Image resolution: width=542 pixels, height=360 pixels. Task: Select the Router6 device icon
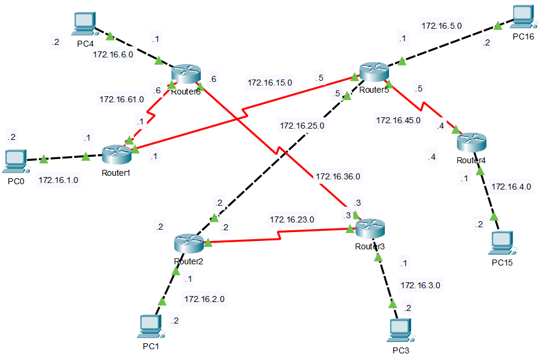click(x=185, y=74)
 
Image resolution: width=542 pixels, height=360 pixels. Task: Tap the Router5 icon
click(x=374, y=72)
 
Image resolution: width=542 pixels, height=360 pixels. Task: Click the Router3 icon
click(x=371, y=228)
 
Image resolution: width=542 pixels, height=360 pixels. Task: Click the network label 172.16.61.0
click(x=121, y=99)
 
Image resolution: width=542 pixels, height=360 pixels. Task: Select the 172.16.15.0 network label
click(x=270, y=83)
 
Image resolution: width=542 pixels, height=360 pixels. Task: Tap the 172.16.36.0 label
click(x=338, y=176)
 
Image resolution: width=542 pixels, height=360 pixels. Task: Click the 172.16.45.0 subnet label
click(x=398, y=120)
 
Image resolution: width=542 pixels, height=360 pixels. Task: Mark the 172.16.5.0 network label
click(x=442, y=26)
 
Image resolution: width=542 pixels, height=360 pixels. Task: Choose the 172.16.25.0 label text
click(x=302, y=126)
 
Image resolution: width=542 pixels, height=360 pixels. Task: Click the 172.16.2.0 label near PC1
click(x=204, y=298)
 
